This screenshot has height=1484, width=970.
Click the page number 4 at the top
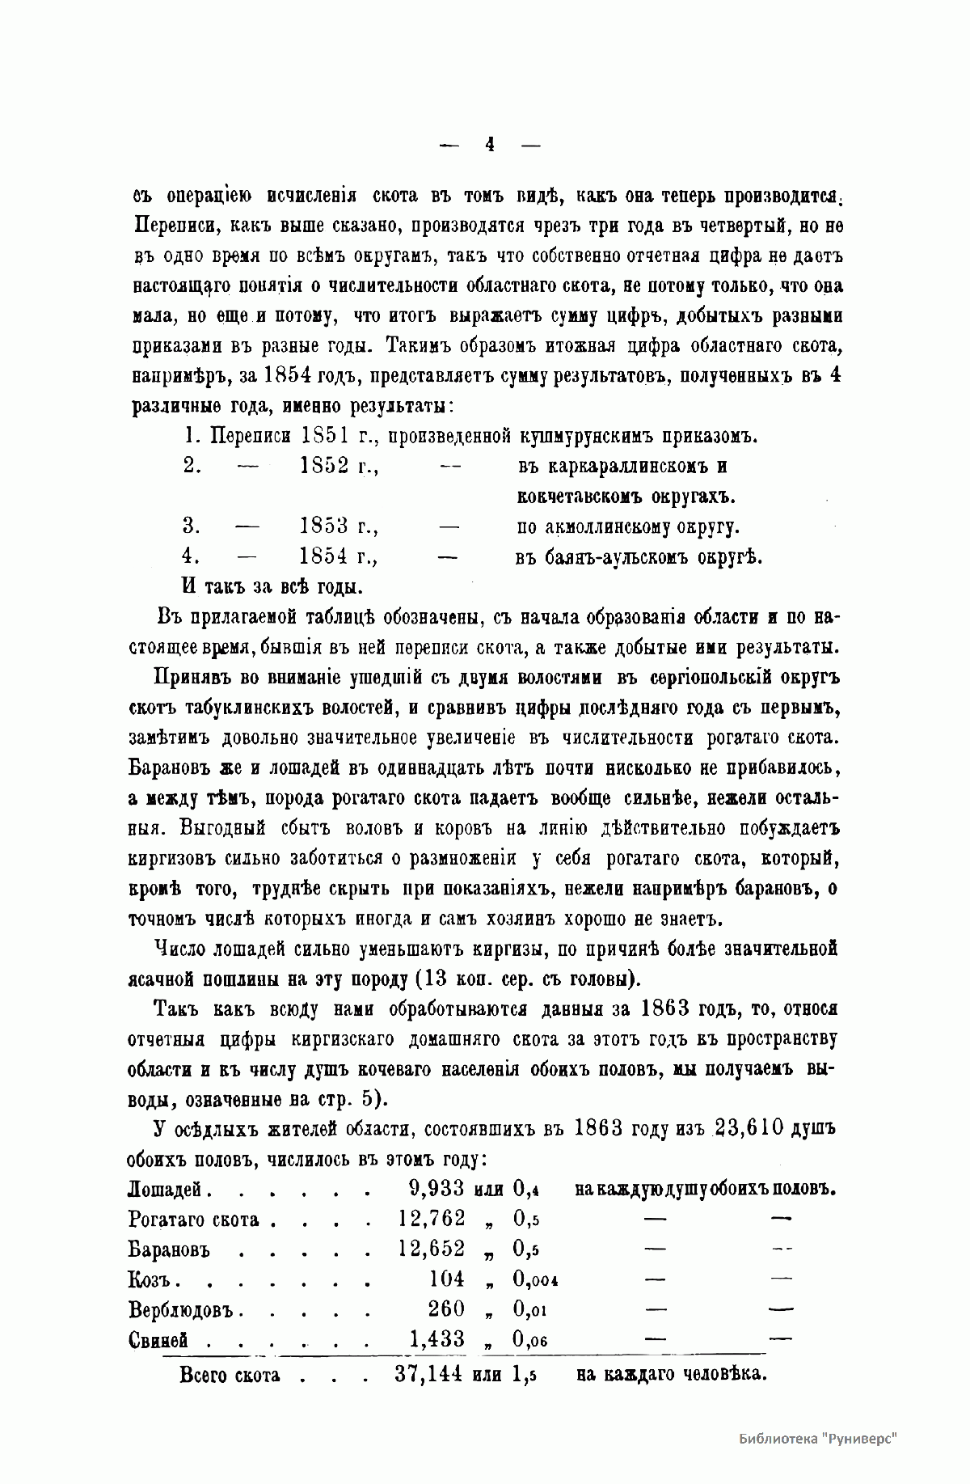coord(490,146)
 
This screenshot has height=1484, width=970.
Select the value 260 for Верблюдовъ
coord(446,1309)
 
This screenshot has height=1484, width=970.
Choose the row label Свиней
coord(158,1340)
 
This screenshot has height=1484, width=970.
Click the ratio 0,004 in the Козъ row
coord(536,1280)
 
